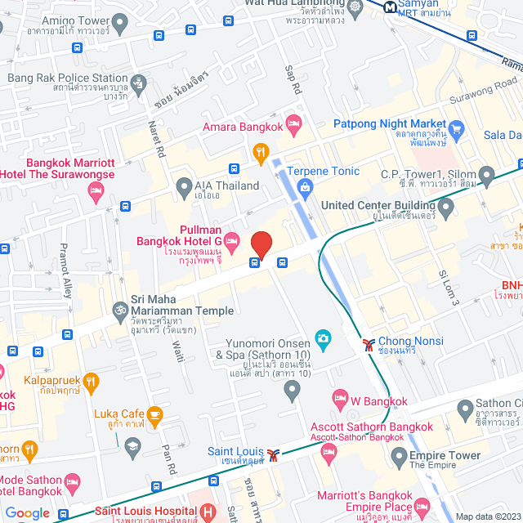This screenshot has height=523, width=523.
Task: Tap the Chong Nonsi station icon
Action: (x=369, y=343)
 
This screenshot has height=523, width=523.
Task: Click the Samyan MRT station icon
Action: (x=390, y=7)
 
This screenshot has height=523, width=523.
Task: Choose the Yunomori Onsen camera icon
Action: (x=323, y=337)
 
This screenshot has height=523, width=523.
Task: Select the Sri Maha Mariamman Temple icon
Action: (x=119, y=311)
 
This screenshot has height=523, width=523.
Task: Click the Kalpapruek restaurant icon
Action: (x=91, y=381)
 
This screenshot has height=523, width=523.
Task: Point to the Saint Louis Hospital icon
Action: (x=208, y=512)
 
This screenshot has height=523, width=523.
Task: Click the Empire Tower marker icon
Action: (x=399, y=455)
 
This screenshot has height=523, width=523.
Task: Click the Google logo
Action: (x=28, y=513)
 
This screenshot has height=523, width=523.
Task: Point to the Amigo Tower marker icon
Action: (x=121, y=25)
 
